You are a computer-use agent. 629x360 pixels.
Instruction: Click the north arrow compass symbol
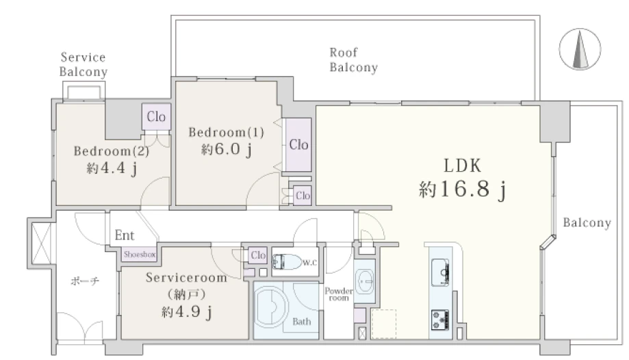[580, 49]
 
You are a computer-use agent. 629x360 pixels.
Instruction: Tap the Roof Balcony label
[353, 60]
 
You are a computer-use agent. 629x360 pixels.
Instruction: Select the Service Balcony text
[83, 64]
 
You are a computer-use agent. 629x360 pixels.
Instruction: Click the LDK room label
[462, 166]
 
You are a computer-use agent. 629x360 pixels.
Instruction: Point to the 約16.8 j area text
[462, 189]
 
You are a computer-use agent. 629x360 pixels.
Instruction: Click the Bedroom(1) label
[227, 132]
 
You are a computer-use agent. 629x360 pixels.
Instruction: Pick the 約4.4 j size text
[112, 168]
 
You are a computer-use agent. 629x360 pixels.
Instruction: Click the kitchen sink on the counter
[440, 272]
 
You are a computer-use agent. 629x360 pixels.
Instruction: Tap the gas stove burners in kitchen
[440, 320]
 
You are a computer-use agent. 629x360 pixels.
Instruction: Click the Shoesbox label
[139, 254]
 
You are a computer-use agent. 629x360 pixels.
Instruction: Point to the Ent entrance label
[125, 235]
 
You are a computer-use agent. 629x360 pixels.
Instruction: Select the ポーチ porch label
[85, 281]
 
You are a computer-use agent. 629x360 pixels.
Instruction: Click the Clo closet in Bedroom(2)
[156, 117]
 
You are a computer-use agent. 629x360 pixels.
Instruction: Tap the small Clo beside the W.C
[258, 255]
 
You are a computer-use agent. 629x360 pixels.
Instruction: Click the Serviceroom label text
[186, 277]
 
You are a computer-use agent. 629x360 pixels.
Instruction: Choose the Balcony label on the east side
[587, 222]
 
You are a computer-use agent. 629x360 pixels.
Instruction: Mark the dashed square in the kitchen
[384, 324]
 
